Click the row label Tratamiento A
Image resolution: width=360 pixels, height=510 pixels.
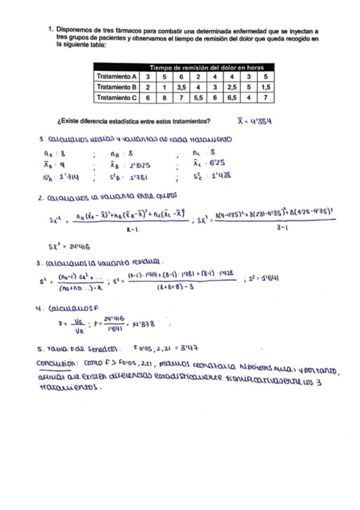pos(117,76)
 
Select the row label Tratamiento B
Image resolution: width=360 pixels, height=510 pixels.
pos(117,87)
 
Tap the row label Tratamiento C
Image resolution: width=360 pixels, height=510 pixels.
pos(117,97)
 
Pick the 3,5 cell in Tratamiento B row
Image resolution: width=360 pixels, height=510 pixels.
pos(181,87)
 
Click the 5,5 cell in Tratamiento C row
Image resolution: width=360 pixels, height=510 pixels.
pos(198,97)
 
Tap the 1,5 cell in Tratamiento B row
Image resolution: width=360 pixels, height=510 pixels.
pos(265,87)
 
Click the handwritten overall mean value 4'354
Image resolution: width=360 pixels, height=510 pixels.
pos(260,120)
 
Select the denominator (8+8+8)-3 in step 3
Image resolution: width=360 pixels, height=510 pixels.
pos(171,287)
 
